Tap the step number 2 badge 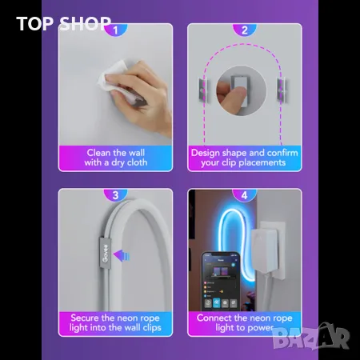tap(244, 30)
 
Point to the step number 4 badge tap(244, 194)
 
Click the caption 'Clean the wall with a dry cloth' tap(115, 157)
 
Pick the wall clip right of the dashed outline tap(282, 89)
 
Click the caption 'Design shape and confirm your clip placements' tap(244, 157)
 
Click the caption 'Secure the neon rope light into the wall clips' tap(115, 323)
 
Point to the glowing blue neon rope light tap(240, 232)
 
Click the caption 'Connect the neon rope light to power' tap(244, 323)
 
